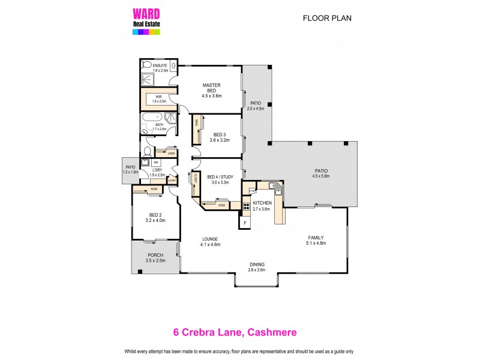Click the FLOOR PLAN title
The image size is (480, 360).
click(x=327, y=18)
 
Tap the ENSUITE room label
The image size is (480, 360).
click(x=159, y=65)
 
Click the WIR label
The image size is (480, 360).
click(x=158, y=97)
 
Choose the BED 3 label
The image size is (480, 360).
click(x=220, y=134)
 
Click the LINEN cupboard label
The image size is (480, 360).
click(x=171, y=154)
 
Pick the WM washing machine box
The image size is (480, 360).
click(x=156, y=163)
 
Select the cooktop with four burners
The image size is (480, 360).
click(x=247, y=209)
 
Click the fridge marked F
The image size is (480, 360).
click(x=245, y=223)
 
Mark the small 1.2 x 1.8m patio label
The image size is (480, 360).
click(x=130, y=172)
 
